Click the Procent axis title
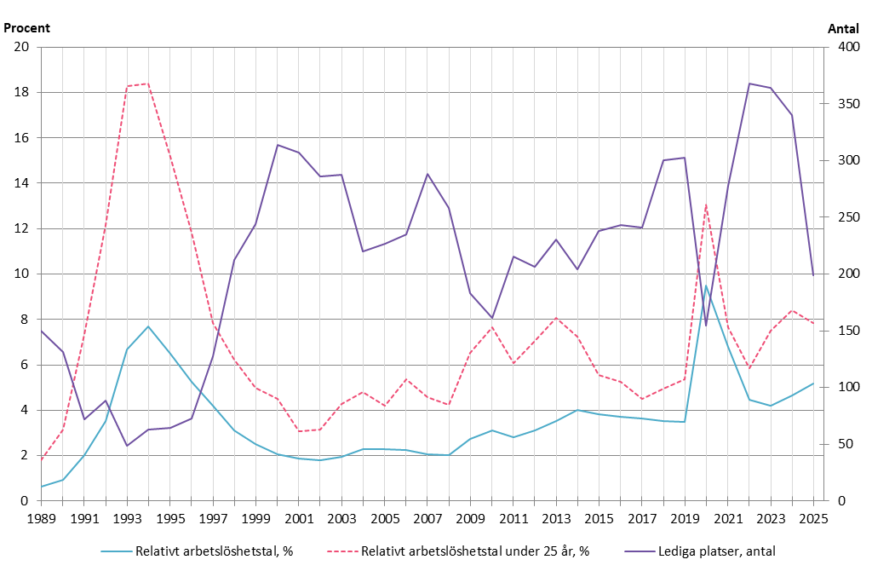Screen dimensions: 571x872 tap(27, 27)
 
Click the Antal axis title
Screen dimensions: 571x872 tap(844, 27)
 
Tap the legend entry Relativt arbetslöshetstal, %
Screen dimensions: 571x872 tap(214, 551)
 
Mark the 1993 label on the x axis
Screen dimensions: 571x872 tap(127, 518)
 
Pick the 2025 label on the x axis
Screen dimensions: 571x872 tap(813, 518)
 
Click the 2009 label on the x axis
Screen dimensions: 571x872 tap(470, 518)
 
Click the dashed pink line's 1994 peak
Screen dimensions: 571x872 tap(148, 84)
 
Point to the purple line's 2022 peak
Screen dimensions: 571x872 tap(749, 84)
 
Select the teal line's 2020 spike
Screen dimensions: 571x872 tap(706, 285)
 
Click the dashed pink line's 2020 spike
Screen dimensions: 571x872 tap(706, 204)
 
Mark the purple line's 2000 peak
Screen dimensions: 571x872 tap(278, 145)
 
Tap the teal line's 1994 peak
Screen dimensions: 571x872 tap(148, 326)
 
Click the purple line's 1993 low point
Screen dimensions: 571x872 tap(127, 446)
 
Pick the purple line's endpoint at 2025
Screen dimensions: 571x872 tap(813, 275)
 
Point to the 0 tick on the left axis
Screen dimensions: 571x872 tap(26, 501)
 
